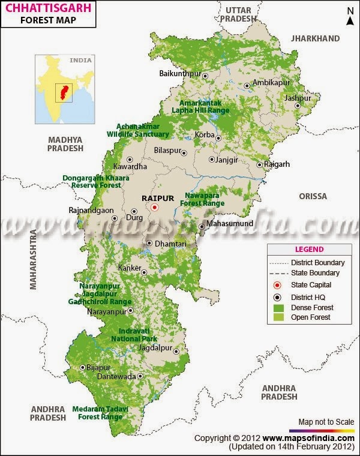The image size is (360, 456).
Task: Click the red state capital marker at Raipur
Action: pyautogui.click(x=154, y=207)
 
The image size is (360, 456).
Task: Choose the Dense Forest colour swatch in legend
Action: pyautogui.click(x=277, y=307)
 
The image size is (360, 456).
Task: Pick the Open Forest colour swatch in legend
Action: pyautogui.click(x=277, y=317)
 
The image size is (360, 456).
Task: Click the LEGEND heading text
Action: pyautogui.click(x=309, y=250)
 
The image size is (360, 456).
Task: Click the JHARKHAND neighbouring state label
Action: pyautogui.click(x=315, y=38)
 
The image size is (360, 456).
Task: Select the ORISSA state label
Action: pyautogui.click(x=313, y=196)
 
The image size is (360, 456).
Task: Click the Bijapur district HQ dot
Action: pyautogui.click(x=82, y=367)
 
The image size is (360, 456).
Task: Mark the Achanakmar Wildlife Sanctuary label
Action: pyautogui.click(x=138, y=130)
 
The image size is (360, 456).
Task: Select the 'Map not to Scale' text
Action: pyautogui.click(x=326, y=422)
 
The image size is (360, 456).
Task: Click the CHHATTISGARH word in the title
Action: pyautogui.click(x=41, y=7)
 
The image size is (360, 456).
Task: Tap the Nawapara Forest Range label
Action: pyautogui.click(x=204, y=199)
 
